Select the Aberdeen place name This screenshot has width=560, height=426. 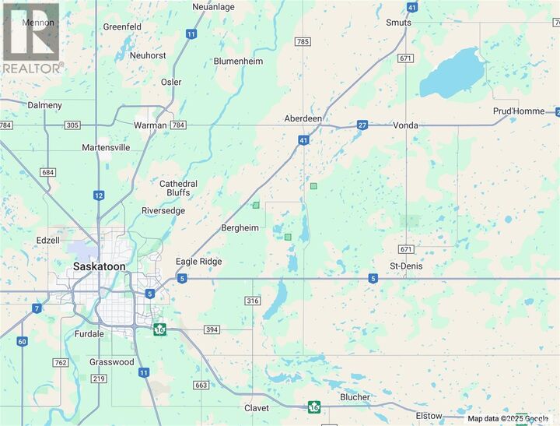[303, 118]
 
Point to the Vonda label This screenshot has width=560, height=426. [405, 125]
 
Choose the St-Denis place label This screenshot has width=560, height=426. [405, 266]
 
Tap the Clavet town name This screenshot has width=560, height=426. [257, 408]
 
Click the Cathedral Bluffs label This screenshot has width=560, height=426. [178, 188]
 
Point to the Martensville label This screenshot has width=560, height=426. [106, 147]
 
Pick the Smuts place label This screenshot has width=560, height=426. [398, 23]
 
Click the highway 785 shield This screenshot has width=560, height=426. [303, 40]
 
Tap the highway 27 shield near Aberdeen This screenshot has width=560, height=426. [362, 125]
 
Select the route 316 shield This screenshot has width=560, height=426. [252, 301]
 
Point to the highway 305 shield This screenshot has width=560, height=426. [73, 125]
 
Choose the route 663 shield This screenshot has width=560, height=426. [201, 385]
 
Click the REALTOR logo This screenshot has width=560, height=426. [31, 37]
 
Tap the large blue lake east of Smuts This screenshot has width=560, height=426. [453, 70]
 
